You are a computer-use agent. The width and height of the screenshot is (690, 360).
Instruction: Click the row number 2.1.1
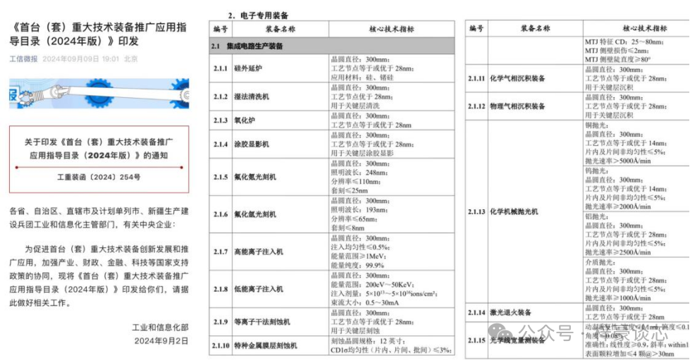tap(221, 68)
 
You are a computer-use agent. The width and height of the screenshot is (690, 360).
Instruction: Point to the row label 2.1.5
tap(221, 177)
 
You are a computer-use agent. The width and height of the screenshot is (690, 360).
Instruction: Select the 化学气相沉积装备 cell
tap(517, 79)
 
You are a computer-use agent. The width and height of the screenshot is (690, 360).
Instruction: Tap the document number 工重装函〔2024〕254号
tap(99, 177)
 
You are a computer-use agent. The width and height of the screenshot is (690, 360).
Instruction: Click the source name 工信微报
tap(23, 58)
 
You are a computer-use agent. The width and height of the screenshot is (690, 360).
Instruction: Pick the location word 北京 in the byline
tap(130, 58)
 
